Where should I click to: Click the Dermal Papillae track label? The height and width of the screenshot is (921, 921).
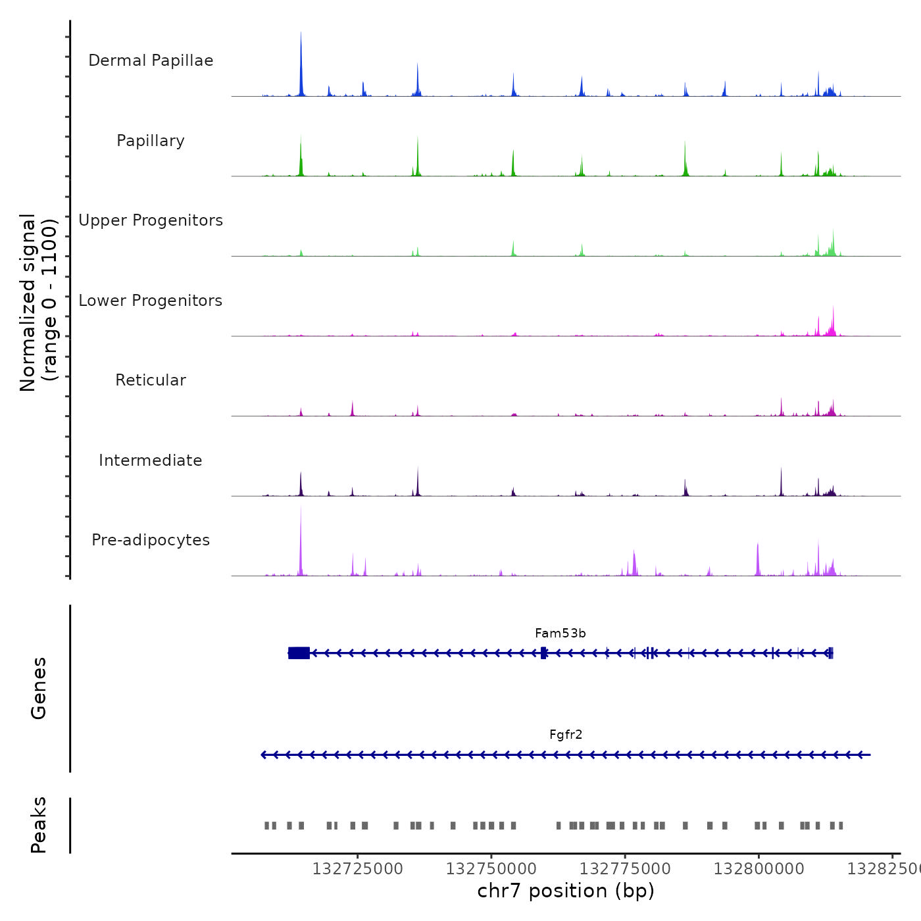[151, 61]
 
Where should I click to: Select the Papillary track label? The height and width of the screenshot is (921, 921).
[151, 141]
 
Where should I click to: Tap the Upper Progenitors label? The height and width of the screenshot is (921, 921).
[151, 220]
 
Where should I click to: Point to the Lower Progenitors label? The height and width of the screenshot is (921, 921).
[151, 301]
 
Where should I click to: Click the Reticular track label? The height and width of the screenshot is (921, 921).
[151, 380]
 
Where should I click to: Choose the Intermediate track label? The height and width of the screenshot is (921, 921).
[151, 460]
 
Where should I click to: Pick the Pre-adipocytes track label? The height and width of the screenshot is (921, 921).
[151, 540]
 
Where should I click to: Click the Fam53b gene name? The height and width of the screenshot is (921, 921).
[560, 634]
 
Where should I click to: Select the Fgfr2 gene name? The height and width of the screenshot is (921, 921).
[566, 735]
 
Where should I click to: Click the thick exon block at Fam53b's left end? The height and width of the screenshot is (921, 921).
[299, 653]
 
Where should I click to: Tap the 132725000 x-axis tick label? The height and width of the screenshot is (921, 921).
[357, 869]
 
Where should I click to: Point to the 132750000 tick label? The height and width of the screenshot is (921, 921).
[491, 869]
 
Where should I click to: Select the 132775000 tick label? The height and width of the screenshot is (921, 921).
[625, 869]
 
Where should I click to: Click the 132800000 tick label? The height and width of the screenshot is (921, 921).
[759, 869]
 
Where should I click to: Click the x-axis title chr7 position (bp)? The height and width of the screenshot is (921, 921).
[566, 891]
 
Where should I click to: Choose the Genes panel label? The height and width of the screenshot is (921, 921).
[38, 688]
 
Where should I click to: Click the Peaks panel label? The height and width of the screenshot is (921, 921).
[38, 825]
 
